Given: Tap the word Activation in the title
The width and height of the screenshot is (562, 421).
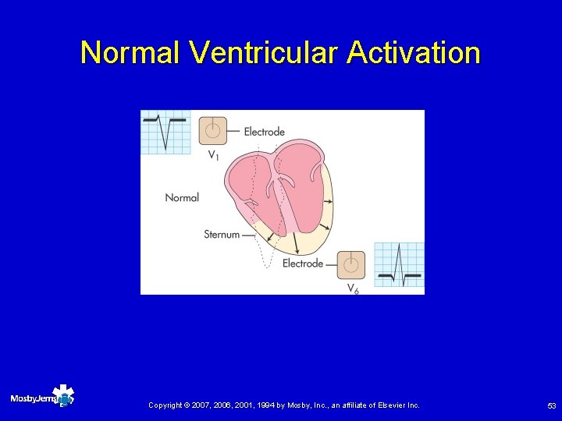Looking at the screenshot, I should point(414,53).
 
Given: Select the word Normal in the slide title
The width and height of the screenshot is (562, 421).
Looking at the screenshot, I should point(131,53).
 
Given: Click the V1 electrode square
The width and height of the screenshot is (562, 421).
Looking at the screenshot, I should point(213,130).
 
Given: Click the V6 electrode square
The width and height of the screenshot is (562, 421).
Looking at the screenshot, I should point(351,264).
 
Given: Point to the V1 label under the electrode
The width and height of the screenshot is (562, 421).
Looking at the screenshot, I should point(213,155).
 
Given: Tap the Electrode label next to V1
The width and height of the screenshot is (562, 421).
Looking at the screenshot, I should point(264,132).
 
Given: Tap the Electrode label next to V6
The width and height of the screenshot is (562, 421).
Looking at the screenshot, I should point(302,264).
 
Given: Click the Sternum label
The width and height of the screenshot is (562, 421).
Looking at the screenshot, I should point(222,234).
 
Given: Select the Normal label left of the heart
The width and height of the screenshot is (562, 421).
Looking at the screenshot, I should point(182,197).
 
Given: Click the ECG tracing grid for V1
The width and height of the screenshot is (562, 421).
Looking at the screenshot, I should point(165,131).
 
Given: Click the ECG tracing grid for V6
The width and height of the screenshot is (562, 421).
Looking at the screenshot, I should point(399,264).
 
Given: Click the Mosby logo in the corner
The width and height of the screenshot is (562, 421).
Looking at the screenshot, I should point(42,398).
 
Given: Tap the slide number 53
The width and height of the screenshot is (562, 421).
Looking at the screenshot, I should point(551,405).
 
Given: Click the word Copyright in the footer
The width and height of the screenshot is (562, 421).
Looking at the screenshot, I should point(165,405).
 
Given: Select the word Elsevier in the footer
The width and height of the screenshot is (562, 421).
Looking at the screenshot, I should point(395,405).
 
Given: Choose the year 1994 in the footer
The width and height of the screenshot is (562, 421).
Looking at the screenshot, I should point(264,405).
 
